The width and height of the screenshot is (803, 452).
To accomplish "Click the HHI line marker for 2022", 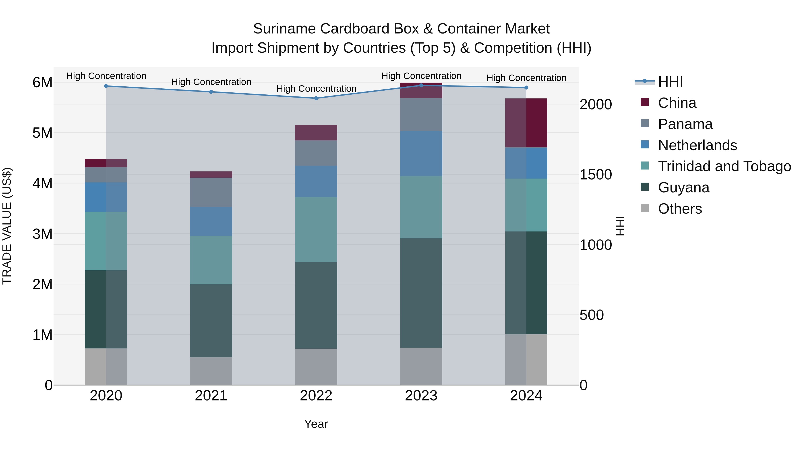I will pos(316,98).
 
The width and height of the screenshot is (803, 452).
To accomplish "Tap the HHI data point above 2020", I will pos(106,86).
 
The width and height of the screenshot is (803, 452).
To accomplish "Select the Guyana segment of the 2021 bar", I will pos(211,321).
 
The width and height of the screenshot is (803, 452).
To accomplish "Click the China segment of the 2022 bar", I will pos(316,133).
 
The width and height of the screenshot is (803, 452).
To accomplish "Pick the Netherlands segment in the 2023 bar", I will pos(421,154).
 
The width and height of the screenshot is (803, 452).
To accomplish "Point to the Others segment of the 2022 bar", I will pos(316,367).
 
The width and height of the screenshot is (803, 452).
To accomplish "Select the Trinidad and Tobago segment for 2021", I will pos(211,260).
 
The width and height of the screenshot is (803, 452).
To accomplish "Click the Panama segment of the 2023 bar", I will pos(421,115).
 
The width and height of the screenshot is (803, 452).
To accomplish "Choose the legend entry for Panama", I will pos(685,124).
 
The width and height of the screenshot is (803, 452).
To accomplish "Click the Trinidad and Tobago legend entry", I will pos(724,166).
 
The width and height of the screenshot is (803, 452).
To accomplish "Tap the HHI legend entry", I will pos(670,82).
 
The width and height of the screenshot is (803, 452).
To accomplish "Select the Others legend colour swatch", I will pos(645,208).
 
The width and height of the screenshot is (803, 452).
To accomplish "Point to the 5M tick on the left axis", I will pos(42,133).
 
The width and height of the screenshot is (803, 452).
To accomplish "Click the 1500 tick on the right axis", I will pos(595,175).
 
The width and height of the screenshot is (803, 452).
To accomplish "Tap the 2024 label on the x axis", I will pos(526,396).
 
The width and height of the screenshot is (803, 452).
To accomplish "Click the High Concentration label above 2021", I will pos(211,82).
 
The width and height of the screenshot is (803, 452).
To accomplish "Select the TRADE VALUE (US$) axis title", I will pos(7,226).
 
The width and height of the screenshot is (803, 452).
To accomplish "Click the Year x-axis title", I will pos(316,424).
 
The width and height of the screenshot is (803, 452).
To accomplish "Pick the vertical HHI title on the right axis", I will pos(620,226).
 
